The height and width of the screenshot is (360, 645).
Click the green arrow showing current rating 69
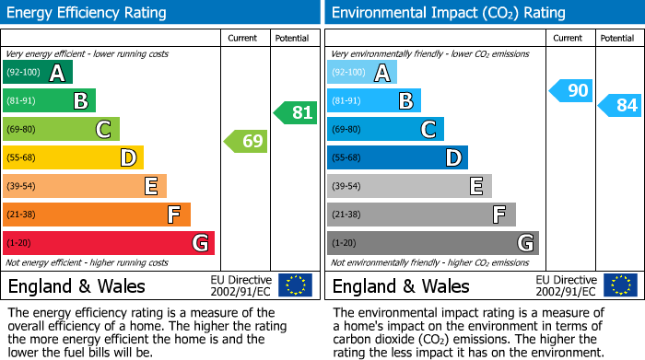246,142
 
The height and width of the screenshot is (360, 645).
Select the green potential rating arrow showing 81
296,113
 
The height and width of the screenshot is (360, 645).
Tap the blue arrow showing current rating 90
571,90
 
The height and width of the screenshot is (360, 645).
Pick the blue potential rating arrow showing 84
620,106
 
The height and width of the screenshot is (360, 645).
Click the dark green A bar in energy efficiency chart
38,73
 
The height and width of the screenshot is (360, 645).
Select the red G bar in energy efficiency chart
109,243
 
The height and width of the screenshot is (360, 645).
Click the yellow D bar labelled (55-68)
74,157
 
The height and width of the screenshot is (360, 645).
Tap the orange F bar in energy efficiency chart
97,215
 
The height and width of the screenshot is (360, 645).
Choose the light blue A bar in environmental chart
362,73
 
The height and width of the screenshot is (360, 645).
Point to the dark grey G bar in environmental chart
433,243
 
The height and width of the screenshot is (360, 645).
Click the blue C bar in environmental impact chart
385,129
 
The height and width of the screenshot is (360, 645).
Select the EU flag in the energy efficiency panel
295,285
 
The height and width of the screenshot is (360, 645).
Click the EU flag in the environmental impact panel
620,285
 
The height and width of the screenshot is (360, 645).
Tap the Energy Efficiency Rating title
88,13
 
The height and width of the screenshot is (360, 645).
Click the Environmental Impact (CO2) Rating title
449,13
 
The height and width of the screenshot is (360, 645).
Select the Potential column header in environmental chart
617,38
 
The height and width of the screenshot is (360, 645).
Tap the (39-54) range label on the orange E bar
21,187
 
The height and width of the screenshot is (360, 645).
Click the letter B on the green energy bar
80,101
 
